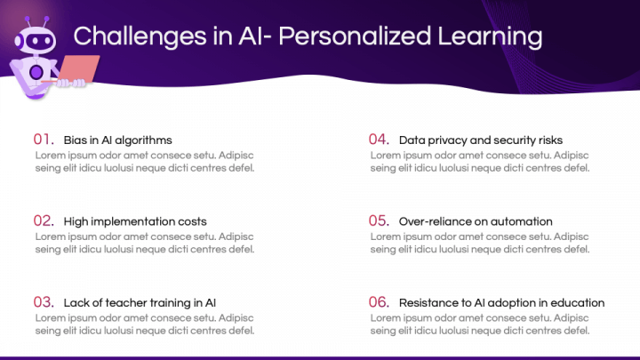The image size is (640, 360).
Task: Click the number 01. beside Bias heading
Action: [44, 140]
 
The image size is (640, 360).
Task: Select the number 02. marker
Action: [44, 220]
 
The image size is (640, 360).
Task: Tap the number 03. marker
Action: [44, 302]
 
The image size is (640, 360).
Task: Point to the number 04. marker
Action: [380, 140]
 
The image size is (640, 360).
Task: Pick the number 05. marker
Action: [380, 220]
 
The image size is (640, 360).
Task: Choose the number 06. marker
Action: [380, 302]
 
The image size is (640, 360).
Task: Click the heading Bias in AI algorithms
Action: [117, 140]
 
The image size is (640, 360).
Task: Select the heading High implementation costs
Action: [135, 221]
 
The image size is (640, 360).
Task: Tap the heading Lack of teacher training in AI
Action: [140, 303]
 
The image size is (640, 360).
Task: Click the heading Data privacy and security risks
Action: [481, 140]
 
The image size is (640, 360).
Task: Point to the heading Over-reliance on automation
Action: [476, 221]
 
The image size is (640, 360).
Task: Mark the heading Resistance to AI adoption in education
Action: [501, 303]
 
